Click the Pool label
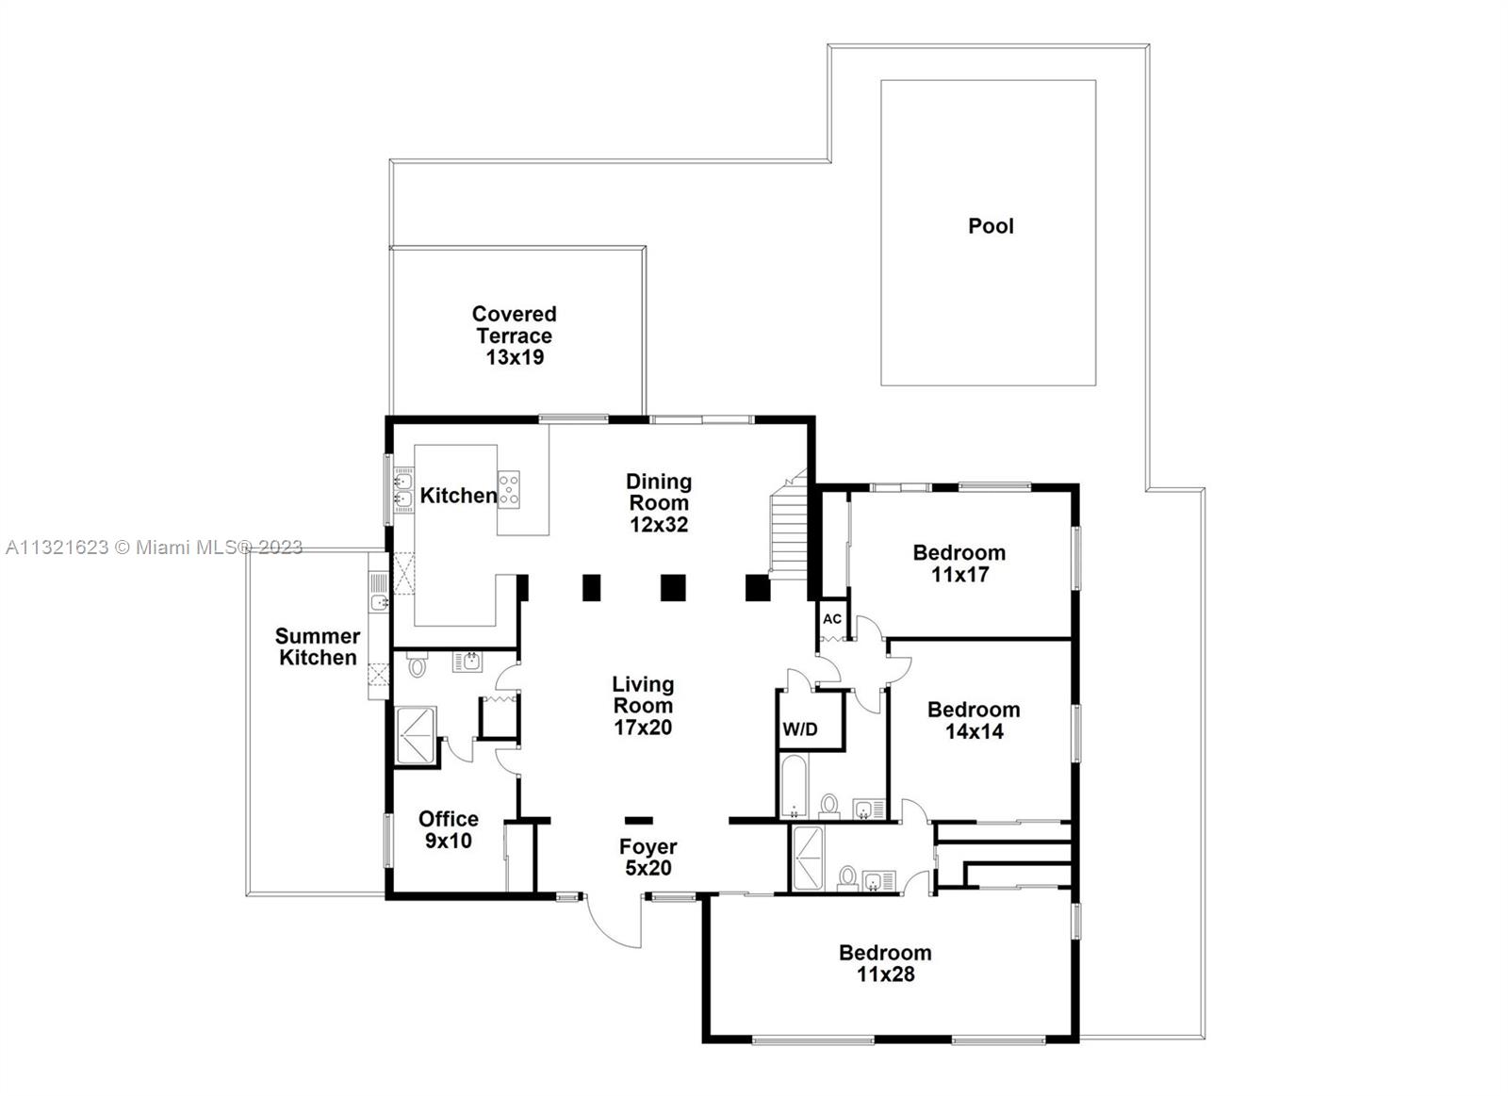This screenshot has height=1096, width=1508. point(991,226)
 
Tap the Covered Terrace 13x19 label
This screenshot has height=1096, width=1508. point(515,335)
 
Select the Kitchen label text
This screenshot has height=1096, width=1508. point(458,496)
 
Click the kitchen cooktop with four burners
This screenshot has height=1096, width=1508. point(509,489)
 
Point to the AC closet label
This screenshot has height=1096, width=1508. point(832,619)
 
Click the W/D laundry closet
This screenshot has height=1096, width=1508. point(800,728)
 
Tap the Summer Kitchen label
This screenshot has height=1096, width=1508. point(318,647)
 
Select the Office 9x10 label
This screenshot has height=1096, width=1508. point(449,829)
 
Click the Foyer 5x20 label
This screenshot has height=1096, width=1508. point(647,857)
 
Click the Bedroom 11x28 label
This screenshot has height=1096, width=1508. point(885,963)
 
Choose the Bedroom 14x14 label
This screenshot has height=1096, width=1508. point(974,720)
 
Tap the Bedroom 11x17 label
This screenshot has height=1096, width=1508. point(959,564)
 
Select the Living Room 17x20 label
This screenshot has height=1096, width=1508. point(643,705)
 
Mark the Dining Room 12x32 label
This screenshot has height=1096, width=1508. point(659,503)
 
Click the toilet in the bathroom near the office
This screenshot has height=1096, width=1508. point(418,667)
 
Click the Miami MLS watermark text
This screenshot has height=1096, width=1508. point(155,548)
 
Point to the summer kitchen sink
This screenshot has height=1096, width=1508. point(379,601)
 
